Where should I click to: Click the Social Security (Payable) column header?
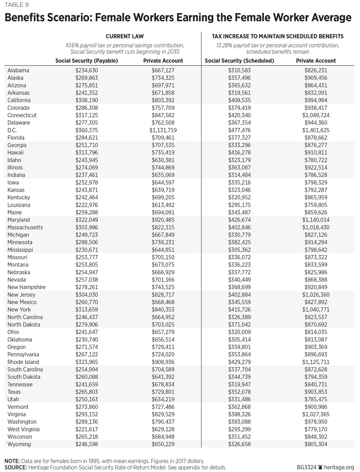tap(87, 61)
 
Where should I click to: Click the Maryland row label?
tap(19, 220)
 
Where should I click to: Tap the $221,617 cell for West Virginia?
tap(87, 429)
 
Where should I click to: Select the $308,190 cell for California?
tap(87, 100)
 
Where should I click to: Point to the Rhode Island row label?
tap(24, 362)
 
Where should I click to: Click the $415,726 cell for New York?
tap(239, 309)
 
